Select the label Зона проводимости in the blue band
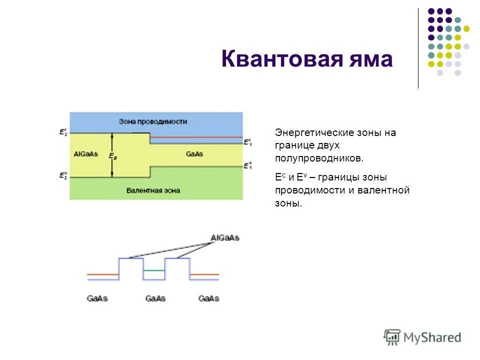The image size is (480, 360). [x=153, y=121]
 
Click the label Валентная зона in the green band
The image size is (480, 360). [x=153, y=190]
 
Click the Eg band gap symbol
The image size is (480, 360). [x=113, y=156]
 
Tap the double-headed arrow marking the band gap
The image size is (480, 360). [x=112, y=145]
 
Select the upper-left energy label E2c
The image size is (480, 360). [x=63, y=133]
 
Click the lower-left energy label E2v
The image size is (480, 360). [x=63, y=176]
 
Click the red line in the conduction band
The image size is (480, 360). [x=195, y=137]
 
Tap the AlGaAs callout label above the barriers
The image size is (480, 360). [x=225, y=237]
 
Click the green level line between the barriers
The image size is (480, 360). [x=153, y=270]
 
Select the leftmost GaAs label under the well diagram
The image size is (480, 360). [x=97, y=298]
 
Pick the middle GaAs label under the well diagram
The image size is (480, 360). [x=155, y=298]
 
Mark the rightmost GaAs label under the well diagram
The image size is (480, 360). [x=208, y=298]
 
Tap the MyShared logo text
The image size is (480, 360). [x=433, y=337]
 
